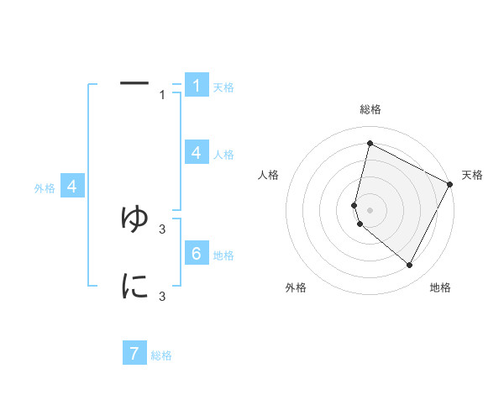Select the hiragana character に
click(134, 287)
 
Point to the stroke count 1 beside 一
click(162, 95)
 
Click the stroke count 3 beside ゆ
click(162, 229)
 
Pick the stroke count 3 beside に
click(162, 297)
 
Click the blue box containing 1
click(197, 86)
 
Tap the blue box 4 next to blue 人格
click(197, 153)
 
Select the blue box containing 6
click(197, 254)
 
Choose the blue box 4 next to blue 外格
click(73, 187)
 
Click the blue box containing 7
click(134, 354)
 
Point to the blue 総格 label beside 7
click(161, 355)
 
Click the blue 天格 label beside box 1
click(223, 87)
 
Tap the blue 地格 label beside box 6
click(223, 255)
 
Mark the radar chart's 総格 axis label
click(370, 109)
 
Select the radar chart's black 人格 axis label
click(269, 175)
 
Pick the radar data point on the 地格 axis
click(410, 266)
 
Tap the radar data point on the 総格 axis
click(370, 144)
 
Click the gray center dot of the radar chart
click(370, 209)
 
